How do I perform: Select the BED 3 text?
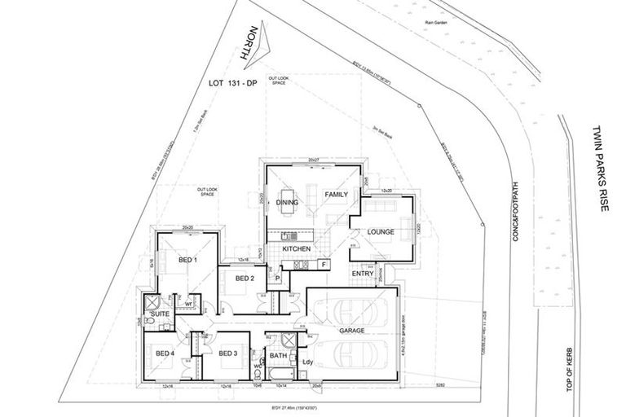pos(227,353)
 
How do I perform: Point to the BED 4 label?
pos(165,353)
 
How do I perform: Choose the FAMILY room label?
pos(337,195)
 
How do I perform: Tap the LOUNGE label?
pos(381,232)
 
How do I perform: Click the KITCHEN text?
pos(297,248)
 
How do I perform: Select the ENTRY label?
pos(363,274)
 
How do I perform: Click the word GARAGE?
pos(352,331)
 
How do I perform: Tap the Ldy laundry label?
pos(309,362)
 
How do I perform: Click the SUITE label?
pos(159,313)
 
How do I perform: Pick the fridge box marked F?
pos(324,265)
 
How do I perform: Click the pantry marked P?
pos(278,279)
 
